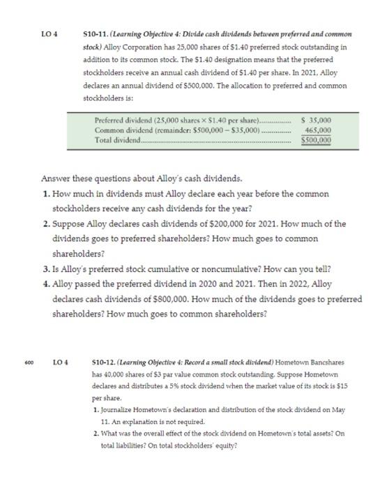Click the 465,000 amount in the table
pos(319,130)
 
